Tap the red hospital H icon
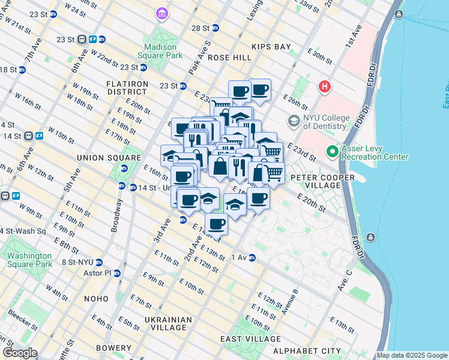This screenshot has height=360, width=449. pos(325,87)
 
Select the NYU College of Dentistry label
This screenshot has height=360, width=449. pos(326,122)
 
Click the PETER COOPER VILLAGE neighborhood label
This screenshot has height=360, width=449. pos(315,181)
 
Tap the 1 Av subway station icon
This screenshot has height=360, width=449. pos(253,258)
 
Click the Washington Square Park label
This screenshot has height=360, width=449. pos(29,259)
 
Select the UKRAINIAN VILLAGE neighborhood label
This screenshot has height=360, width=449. pos(168,323)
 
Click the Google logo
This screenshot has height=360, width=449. pos(20,353)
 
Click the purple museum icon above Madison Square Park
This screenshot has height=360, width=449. pos(162,13)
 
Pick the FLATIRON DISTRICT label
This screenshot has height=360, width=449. pos(127,88)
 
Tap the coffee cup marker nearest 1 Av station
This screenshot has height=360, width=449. pos(217,224)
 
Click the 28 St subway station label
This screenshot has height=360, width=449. pos(200,28)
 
